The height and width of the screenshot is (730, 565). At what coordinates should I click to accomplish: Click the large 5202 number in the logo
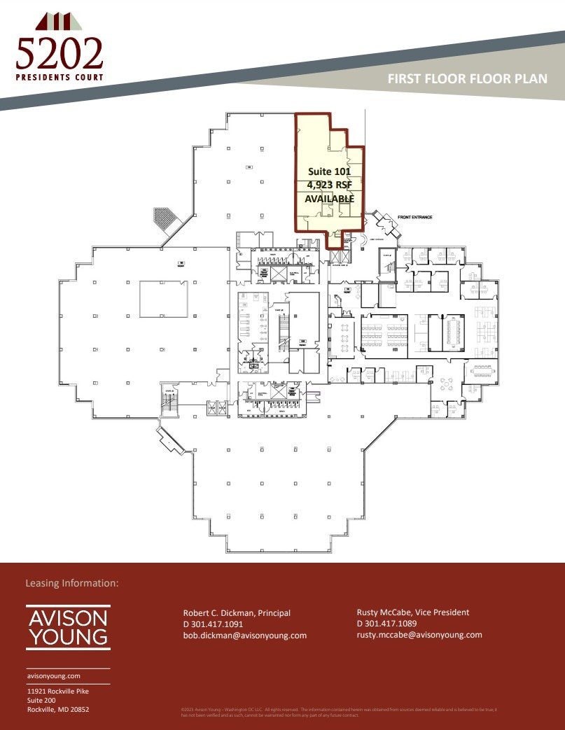60,53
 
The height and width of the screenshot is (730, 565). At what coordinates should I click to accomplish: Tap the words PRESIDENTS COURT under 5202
60,77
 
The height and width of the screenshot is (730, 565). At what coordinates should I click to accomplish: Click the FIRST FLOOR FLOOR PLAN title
468,79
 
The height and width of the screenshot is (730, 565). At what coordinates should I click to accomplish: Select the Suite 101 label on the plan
329,171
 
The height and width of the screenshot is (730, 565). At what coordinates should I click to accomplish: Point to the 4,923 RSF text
329,185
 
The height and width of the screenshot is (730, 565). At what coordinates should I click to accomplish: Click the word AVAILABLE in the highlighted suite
329,199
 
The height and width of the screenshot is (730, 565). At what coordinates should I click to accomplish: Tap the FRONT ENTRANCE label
415,217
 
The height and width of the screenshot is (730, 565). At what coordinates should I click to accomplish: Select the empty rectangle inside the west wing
163,299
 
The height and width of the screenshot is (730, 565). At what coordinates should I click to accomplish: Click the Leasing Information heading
72,583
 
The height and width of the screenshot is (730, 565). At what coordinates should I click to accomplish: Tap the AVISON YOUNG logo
68,627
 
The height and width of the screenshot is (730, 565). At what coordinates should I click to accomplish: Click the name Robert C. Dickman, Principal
237,613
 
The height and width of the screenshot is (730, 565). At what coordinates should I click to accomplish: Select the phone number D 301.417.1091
213,624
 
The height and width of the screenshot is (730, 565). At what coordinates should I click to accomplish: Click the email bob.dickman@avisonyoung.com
245,636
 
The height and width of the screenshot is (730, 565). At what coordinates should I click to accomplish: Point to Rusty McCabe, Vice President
413,612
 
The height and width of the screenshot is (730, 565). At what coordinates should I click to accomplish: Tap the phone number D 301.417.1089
386,624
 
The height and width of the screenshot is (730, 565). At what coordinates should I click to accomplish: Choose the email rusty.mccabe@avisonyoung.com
419,635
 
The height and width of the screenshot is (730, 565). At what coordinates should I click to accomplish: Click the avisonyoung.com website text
54,676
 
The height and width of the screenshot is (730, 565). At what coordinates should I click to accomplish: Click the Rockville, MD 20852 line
58,710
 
